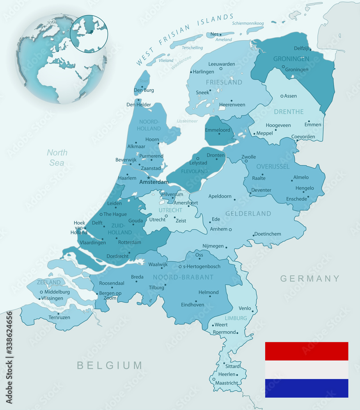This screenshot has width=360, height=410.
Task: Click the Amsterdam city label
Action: tap(154, 182)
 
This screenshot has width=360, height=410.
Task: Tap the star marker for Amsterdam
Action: tap(149, 178)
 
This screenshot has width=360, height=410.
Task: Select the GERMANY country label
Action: tap(310, 279)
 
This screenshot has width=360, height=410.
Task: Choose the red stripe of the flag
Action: tap(306, 351)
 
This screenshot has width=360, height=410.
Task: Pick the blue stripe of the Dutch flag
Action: tap(306, 388)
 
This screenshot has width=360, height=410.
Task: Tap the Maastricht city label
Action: tap(226, 383)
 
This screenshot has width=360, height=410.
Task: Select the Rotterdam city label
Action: tap(129, 242)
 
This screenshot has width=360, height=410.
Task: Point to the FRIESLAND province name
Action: tap(224, 82)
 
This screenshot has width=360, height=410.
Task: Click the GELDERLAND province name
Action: tap(248, 214)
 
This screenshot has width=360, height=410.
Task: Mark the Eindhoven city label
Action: tap(193, 305)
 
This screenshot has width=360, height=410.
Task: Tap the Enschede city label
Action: tap(296, 199)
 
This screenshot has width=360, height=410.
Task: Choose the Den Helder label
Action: tap(139, 105)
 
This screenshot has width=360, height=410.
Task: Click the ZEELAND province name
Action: tap(48, 282)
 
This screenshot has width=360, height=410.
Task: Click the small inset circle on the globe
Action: tap(89, 33)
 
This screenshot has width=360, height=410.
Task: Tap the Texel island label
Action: tap(144, 81)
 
